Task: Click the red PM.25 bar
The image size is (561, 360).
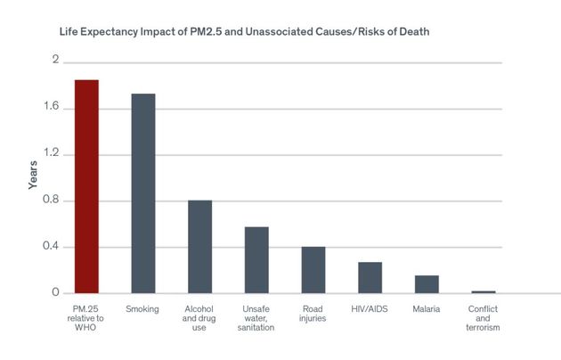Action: coord(86,186)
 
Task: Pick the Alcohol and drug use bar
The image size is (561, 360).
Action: coord(199,247)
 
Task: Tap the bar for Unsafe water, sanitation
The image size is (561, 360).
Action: coord(256,260)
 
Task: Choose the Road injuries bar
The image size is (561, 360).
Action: coord(313,270)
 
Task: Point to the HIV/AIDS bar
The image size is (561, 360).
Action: coord(370,278)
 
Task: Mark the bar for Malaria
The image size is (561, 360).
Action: coord(427,284)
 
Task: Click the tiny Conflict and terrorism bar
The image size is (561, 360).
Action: coord(484,291)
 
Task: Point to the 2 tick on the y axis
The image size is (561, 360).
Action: coord(55,61)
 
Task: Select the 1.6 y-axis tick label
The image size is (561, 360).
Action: coord(53,107)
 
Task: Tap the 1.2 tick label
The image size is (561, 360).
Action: coord(53,153)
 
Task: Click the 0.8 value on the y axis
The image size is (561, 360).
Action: coord(53,200)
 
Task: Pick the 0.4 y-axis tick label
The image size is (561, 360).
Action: coord(53,246)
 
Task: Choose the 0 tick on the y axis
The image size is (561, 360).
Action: coord(55,292)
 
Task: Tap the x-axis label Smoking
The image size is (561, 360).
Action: coord(142,309)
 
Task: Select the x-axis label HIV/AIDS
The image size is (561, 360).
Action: coord(370,309)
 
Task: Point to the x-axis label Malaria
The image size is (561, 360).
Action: coord(427,309)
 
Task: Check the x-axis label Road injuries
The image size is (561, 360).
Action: coord(313,315)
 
